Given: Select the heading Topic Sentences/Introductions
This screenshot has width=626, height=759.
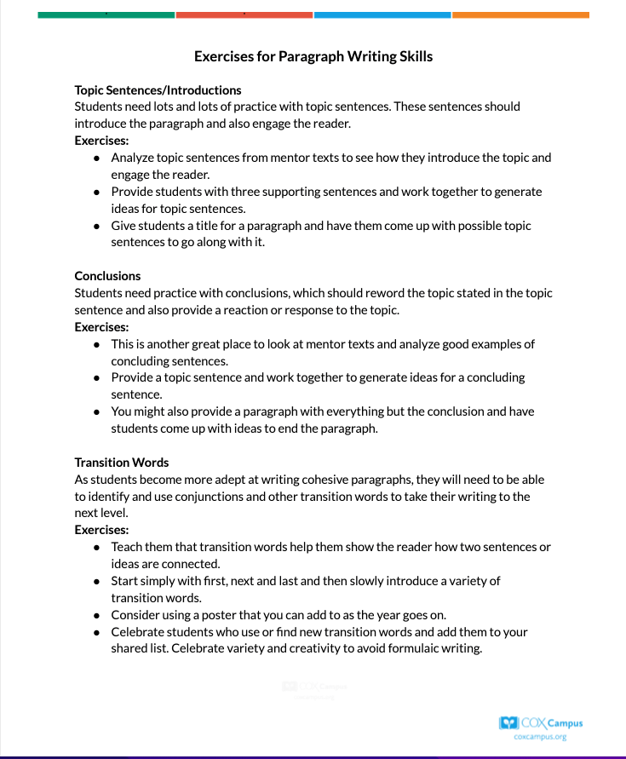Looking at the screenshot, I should tap(158, 90).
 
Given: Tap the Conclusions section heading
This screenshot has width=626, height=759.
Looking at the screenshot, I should tap(107, 276).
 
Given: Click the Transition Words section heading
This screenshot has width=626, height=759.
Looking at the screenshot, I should tap(122, 463).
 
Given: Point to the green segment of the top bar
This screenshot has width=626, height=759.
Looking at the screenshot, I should tap(106, 14).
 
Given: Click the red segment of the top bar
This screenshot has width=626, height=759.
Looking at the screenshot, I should tap(244, 14).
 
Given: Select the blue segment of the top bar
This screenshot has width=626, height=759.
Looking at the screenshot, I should tap(382, 14).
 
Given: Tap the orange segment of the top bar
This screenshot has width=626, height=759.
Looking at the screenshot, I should tap(520, 14).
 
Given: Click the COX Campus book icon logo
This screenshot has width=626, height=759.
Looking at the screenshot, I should tap(508, 723).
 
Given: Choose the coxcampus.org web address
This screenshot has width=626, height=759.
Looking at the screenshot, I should tap(541, 737).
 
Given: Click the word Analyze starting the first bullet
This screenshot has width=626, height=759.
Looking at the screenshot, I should tap(133, 158).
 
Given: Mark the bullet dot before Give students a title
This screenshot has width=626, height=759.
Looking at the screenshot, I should tap(98, 227).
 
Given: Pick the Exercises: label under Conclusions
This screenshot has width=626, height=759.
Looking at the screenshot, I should tap(101, 327).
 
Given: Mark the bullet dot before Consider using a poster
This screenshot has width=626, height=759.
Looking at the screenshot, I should tap(98, 615).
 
